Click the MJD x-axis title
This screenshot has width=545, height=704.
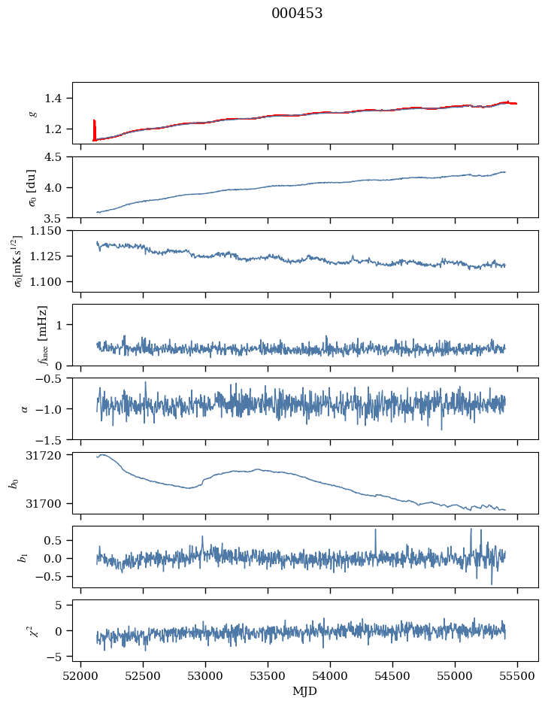tap(305, 691)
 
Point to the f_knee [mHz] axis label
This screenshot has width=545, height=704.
tap(42, 335)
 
